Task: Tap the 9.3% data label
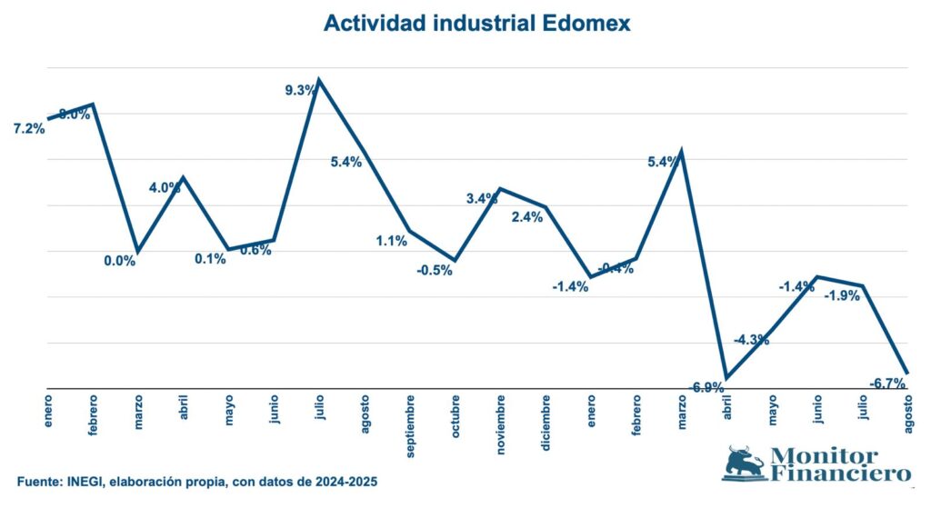[301, 89]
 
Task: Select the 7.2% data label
[29, 129]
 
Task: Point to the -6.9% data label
[707, 387]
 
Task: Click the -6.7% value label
[886, 383]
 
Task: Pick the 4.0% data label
[165, 188]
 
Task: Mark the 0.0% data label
[119, 261]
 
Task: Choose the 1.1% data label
[391, 241]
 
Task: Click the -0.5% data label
[435, 270]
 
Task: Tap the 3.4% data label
[482, 198]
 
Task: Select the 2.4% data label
[527, 216]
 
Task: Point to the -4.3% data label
[753, 340]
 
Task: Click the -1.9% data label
[842, 295]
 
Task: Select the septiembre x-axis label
[411, 424]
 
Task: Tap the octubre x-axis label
[456, 416]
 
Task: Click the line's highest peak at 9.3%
[319, 80]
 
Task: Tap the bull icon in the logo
[744, 463]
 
